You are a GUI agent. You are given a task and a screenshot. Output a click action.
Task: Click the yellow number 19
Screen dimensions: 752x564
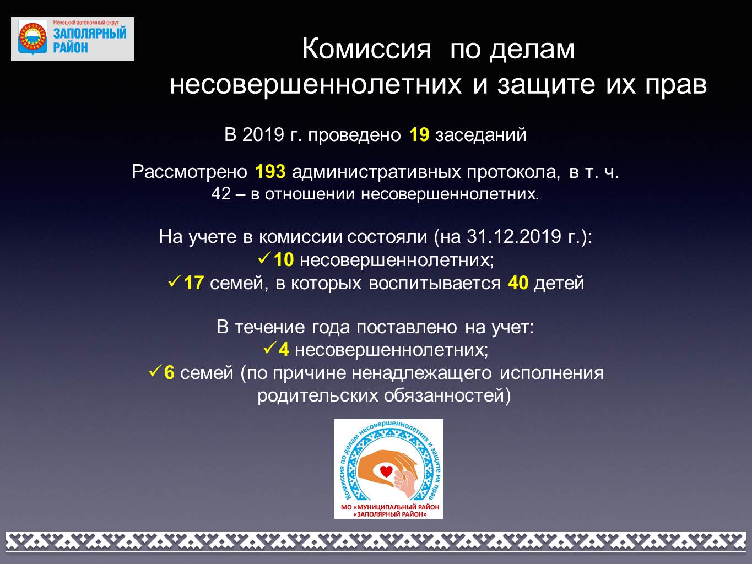point(419,134)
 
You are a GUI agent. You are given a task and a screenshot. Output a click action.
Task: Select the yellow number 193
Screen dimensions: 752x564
point(270,171)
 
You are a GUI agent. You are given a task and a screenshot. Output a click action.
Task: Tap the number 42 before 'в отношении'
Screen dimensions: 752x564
point(221,194)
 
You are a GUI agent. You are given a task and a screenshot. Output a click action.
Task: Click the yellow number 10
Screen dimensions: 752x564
point(284,259)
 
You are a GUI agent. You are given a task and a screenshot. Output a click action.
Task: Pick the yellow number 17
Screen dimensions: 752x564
point(194,283)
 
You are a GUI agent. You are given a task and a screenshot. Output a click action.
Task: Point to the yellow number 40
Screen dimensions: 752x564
point(518,283)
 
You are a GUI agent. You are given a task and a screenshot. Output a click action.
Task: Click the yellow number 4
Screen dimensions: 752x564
point(284,350)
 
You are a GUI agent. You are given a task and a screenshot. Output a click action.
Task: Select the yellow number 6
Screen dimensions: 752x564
point(170,372)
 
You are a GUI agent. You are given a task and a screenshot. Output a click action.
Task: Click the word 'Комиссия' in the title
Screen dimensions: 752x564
point(366,50)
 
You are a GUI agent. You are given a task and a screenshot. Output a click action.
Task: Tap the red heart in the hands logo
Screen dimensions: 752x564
point(386,471)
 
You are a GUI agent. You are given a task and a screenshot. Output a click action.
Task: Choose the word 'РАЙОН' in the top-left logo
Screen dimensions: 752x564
point(71,47)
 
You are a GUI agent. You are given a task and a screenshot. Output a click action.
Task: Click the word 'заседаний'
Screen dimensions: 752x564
point(480,135)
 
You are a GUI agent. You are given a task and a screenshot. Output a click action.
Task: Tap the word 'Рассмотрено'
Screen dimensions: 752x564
point(190,171)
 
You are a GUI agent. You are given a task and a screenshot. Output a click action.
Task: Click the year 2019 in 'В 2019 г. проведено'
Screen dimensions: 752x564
point(263,134)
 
